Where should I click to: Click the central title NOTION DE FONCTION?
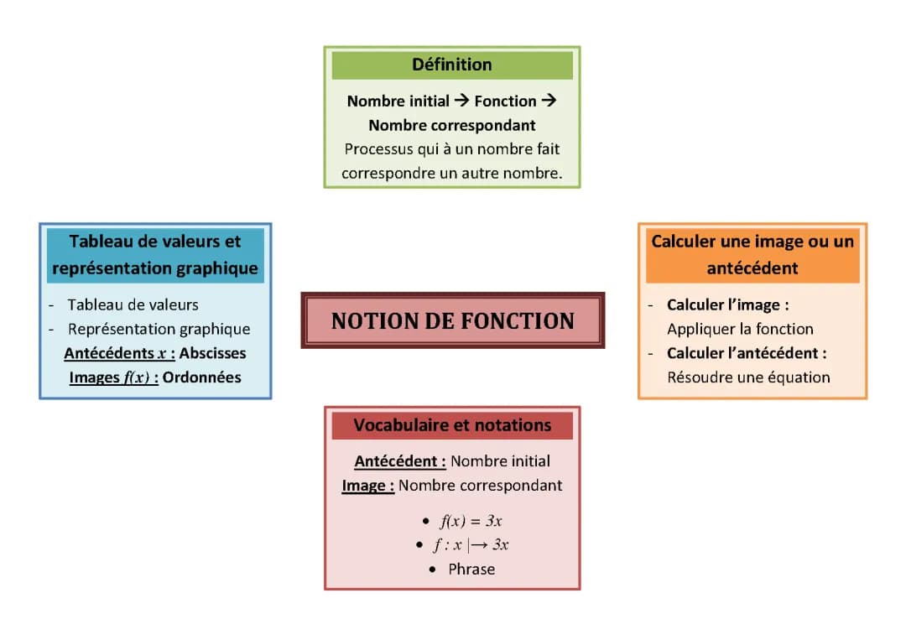click(452, 320)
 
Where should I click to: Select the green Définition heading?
click(452, 65)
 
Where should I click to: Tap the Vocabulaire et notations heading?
click(452, 425)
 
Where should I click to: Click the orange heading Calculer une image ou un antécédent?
click(752, 254)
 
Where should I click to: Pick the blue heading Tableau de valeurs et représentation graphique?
click(155, 254)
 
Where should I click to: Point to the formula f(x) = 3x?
click(471, 521)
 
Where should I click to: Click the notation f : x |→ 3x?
click(471, 545)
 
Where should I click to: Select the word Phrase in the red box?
click(471, 569)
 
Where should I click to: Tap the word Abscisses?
click(213, 353)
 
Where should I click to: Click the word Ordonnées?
click(202, 377)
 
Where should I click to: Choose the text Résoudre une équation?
click(748, 377)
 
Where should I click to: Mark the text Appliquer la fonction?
click(740, 329)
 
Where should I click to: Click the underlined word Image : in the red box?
click(367, 486)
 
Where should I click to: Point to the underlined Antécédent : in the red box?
click(400, 461)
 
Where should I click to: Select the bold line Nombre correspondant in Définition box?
click(452, 125)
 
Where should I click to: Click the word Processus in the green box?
click(375, 149)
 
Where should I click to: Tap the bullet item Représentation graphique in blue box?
click(159, 329)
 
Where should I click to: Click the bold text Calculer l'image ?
click(727, 305)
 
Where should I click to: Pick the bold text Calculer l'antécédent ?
click(747, 353)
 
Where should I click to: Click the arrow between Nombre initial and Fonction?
click(462, 101)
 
